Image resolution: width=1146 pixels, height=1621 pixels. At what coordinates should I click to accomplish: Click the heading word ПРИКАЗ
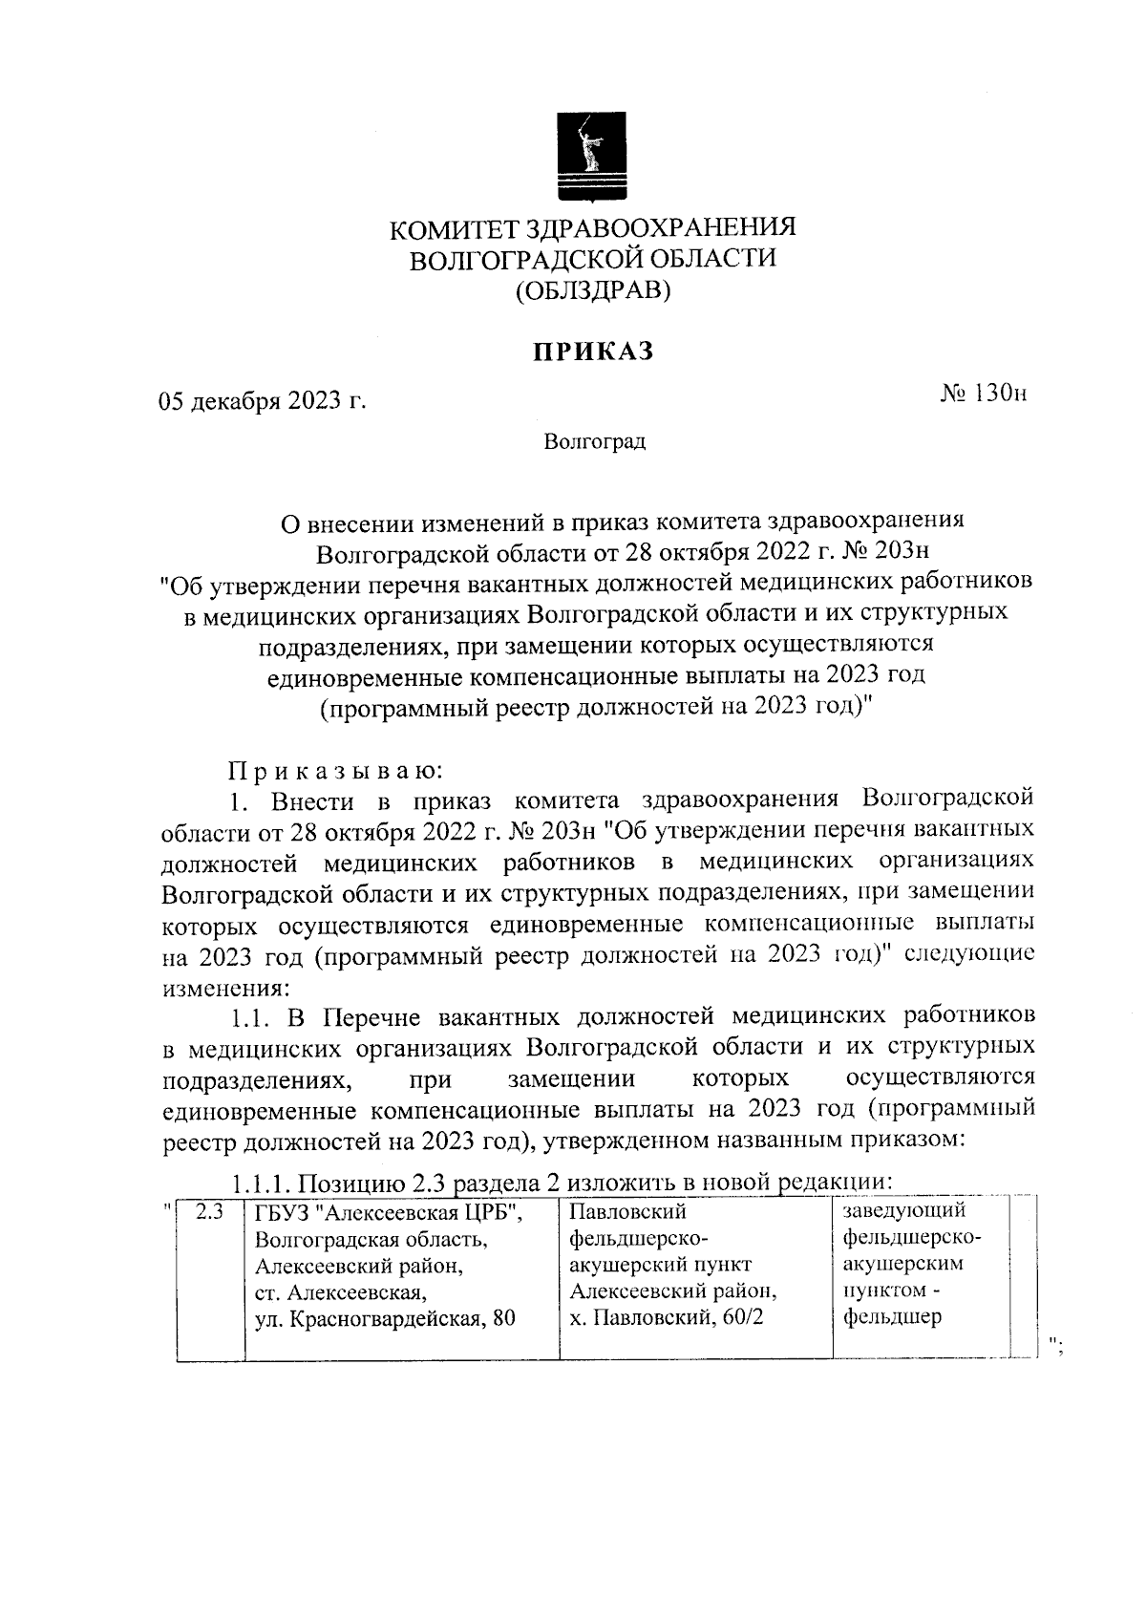pos(592,352)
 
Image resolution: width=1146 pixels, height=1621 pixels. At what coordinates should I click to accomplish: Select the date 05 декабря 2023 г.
pos(263,401)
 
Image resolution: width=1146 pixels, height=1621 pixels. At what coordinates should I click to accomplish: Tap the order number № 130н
pos(983,393)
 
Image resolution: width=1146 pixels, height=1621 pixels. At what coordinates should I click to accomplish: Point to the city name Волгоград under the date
pos(594,442)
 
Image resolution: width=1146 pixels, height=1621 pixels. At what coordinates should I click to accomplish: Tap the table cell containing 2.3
pos(209,1213)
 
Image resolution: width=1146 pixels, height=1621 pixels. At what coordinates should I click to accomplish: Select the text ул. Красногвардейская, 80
pos(385,1320)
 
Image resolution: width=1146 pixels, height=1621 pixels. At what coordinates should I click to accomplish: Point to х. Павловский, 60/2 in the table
pos(664,1319)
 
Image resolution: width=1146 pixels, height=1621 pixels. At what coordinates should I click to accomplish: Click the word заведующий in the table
pos(904,1211)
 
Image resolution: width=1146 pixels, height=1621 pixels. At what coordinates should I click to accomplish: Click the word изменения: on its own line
pos(221,986)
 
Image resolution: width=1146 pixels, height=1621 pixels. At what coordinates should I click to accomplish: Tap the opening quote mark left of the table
pos(168,1207)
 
